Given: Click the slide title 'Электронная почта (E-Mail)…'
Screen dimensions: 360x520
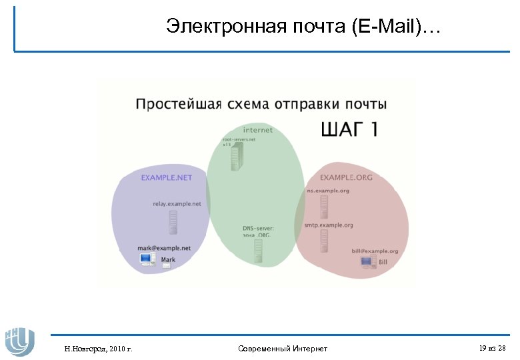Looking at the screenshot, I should tap(303, 27).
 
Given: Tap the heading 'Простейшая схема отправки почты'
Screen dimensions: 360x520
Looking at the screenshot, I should tap(261, 104).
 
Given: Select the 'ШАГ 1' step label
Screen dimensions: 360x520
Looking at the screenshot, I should tap(349, 129).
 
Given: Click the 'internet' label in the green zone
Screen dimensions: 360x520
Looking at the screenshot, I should tap(257, 130).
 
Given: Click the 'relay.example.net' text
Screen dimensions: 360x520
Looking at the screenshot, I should tap(177, 204).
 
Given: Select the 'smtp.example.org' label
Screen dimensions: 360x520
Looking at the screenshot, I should tap(329, 225).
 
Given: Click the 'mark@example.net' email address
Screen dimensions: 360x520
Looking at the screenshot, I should tap(164, 248).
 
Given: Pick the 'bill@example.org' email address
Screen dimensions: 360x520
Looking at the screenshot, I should tap(375, 251).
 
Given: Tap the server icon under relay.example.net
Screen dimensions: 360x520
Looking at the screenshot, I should tap(173, 222).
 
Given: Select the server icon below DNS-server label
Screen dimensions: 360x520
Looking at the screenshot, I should tap(257, 250).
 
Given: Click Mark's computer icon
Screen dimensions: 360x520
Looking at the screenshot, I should tap(147, 261).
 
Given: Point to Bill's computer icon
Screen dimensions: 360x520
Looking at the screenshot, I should tap(367, 262).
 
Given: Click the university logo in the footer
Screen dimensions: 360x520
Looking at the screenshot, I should tap(19, 341).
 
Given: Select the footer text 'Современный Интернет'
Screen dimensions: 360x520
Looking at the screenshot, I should tap(282, 349).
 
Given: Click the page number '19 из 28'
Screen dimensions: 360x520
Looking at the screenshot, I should tap(492, 348).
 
